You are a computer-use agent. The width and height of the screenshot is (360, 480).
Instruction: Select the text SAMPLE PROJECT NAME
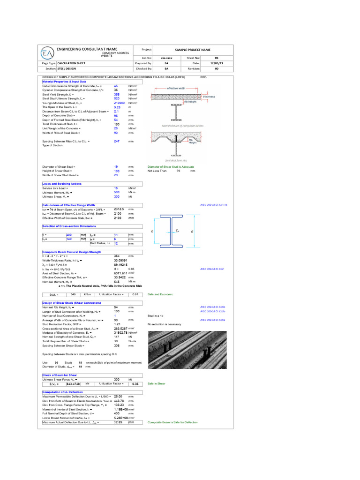pyautogui.click(x=193, y=50)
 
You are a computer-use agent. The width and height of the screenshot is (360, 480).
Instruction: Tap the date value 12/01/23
pyautogui.click(x=217, y=62)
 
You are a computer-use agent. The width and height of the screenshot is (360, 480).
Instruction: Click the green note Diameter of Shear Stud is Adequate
pyautogui.click(x=171, y=167)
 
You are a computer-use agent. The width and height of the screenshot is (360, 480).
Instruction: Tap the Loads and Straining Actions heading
pyautogui.click(x=62, y=184)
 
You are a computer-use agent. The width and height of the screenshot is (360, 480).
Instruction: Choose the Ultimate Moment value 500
pyautogui.click(x=117, y=192)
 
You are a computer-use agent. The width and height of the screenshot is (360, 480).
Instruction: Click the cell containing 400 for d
pyautogui.click(x=69, y=234)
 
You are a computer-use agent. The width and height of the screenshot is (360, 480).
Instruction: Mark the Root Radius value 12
pyautogui.click(x=117, y=244)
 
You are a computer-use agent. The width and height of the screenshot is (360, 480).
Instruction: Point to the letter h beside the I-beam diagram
pyautogui.click(x=152, y=232)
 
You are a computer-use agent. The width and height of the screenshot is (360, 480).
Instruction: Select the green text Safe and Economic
pyautogui.click(x=160, y=294)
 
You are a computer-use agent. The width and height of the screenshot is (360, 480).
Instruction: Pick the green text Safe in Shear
pyautogui.click(x=157, y=383)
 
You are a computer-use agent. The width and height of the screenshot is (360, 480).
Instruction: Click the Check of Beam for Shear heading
pyautogui.click(x=60, y=375)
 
